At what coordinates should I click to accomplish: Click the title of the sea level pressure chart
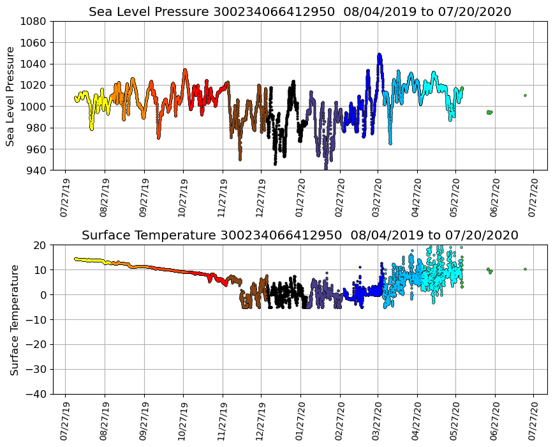click(x=300, y=11)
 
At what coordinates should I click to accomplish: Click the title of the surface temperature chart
click(x=300, y=235)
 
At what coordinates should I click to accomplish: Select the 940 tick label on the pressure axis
click(x=36, y=170)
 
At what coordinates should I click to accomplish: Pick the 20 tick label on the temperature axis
click(x=40, y=245)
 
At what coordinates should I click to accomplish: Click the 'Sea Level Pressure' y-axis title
click(x=10, y=96)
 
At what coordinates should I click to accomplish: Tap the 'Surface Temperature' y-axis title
click(x=14, y=319)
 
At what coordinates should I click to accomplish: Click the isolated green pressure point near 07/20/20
click(x=525, y=95)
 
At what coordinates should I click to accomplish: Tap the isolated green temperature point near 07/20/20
click(x=525, y=269)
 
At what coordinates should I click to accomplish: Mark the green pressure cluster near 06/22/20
click(x=489, y=112)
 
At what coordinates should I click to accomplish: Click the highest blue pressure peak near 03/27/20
click(x=380, y=55)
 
